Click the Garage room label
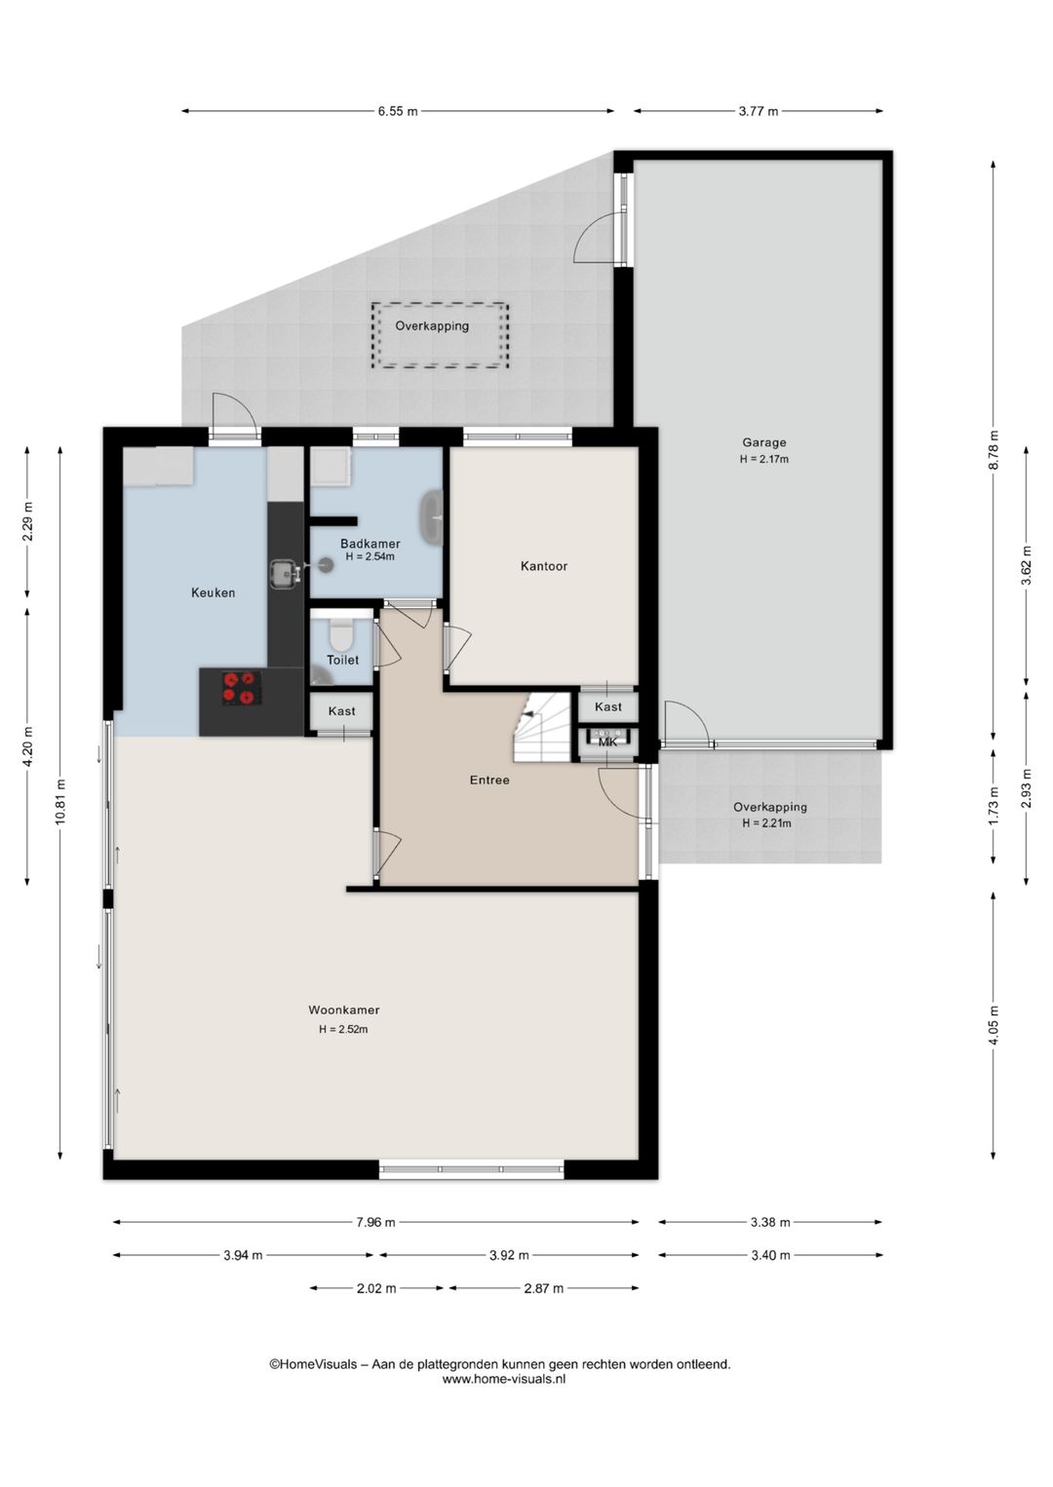point(764,442)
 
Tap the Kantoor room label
point(543,566)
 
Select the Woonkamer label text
point(343,1010)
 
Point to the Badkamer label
point(370,544)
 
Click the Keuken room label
point(214,592)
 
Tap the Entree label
point(489,780)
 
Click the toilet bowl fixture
point(341,633)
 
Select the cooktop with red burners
point(241,688)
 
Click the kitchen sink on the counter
point(284,574)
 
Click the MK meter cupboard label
point(607,743)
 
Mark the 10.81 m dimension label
point(60,803)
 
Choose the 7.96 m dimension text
point(376,1222)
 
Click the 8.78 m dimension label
point(994,450)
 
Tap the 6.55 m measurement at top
point(398,111)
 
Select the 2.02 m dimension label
point(376,1288)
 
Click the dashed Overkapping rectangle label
point(432,325)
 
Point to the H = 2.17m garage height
point(764,459)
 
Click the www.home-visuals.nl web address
point(504,1379)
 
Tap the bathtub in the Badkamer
point(432,518)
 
